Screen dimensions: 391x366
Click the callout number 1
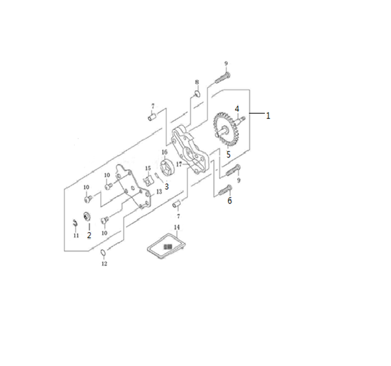[x=268, y=116]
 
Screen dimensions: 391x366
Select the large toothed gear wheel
[x=226, y=130]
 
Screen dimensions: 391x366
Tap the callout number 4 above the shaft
[x=237, y=109]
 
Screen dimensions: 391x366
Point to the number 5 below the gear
[x=228, y=155]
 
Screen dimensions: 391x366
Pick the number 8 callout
[x=197, y=82]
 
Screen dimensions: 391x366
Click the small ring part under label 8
[x=198, y=94]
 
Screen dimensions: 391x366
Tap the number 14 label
[x=177, y=228]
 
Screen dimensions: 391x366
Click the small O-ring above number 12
[x=103, y=252]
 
